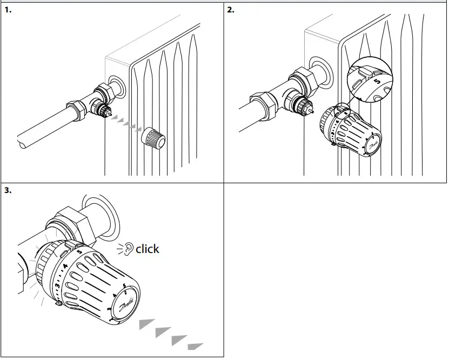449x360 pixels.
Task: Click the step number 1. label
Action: tap(8, 10)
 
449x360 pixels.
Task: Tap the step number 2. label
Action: tap(231, 10)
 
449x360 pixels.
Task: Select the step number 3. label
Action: tap(8, 190)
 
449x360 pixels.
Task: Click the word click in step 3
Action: tap(147, 249)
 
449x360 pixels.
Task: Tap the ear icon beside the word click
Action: tap(128, 249)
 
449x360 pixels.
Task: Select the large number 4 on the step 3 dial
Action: tap(65, 266)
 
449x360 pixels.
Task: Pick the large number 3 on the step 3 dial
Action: tap(57, 285)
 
